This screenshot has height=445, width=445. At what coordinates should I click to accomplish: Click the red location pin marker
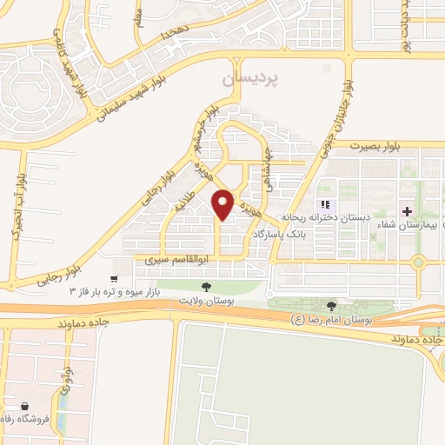[x=223, y=204]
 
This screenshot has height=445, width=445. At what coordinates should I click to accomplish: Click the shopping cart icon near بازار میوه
[x=114, y=278]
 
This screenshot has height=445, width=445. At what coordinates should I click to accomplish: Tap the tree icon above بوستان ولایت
[x=206, y=286]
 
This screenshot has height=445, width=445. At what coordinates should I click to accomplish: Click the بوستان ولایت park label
[x=206, y=299]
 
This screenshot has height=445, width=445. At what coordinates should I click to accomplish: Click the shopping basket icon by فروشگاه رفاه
[x=24, y=406]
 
